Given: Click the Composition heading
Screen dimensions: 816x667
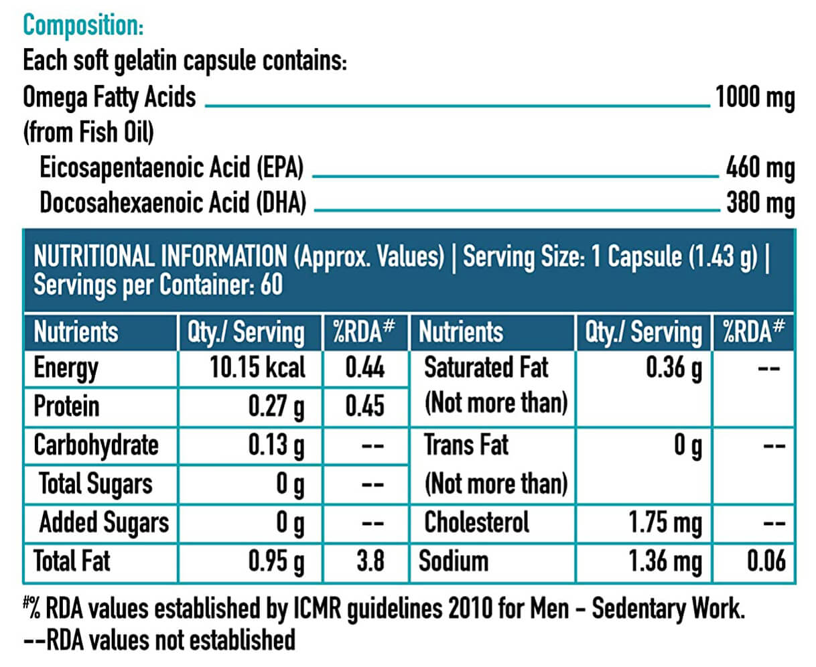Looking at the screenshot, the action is click(83, 25).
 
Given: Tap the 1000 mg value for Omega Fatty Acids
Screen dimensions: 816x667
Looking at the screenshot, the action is click(755, 98).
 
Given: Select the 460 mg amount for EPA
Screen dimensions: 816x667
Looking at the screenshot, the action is click(760, 168).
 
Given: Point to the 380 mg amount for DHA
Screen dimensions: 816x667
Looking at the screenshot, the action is click(760, 203).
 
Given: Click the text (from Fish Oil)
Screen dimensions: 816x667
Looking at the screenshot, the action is click(88, 132).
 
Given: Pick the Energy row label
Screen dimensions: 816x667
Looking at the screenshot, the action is click(66, 368).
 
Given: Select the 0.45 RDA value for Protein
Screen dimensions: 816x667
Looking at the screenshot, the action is click(365, 406).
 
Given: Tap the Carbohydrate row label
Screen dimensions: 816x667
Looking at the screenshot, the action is click(96, 445).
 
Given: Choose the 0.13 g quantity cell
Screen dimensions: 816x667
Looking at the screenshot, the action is click(276, 445).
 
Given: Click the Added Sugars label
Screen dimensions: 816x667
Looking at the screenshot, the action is click(104, 523).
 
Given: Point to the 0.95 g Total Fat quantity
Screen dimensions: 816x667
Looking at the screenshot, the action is click(276, 561).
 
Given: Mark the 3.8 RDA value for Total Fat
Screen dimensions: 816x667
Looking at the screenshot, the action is click(370, 561).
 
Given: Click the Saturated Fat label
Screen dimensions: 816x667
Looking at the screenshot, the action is click(486, 367).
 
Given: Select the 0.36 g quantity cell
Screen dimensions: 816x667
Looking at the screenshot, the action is click(673, 368).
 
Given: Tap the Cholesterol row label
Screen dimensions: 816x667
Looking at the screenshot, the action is click(476, 522).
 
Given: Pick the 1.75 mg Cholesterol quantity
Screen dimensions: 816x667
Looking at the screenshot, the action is click(665, 523).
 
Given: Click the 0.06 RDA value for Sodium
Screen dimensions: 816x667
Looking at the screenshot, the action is click(766, 561).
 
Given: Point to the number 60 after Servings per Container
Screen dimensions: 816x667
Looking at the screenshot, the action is click(271, 285).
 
